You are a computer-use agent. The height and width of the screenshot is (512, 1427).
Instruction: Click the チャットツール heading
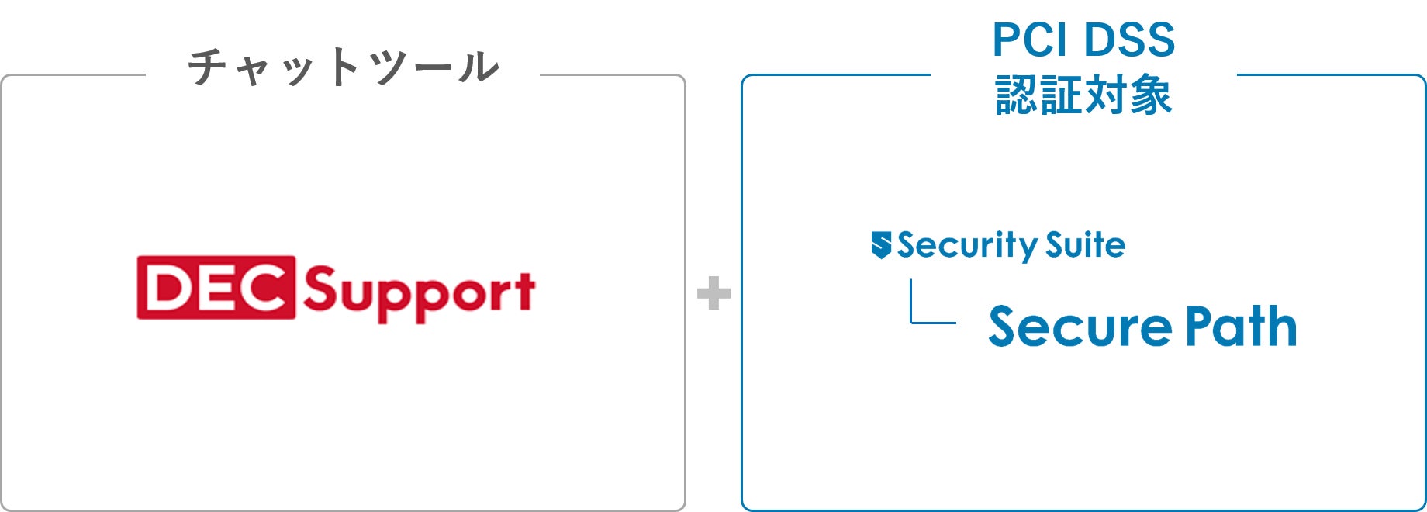pos(343,67)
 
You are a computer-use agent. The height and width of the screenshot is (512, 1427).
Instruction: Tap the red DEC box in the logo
pos(216,287)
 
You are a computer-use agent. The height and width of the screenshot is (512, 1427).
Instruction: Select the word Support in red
pos(419,293)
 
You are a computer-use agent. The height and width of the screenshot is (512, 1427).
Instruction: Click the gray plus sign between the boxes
pos(713,293)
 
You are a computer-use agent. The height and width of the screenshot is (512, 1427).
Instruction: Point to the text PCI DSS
pos(1083,40)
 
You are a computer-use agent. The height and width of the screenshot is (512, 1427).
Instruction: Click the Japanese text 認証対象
pos(1083,95)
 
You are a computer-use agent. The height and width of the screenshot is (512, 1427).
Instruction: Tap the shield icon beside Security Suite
pos(881,244)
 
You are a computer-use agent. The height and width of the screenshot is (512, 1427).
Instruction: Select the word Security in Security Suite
pos(968,246)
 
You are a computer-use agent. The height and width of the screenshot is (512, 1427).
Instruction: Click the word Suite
pos(1085,244)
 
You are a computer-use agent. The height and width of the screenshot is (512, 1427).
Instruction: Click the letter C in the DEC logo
pos(262,287)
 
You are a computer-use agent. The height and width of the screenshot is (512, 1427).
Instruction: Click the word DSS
pos(1129,40)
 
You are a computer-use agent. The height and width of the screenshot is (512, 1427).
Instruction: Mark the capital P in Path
pos(1201,326)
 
